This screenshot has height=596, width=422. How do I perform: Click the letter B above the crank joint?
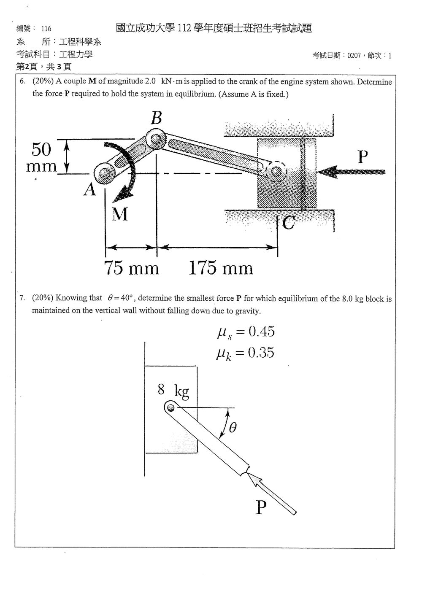click(156, 118)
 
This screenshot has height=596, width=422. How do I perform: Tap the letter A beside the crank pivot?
click(89, 189)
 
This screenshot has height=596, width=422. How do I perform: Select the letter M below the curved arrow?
click(120, 214)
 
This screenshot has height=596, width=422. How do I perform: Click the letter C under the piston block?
click(288, 222)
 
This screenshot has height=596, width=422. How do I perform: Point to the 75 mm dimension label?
click(131, 268)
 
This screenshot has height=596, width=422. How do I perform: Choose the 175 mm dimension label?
click(221, 268)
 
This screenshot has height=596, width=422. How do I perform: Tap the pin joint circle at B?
click(156, 139)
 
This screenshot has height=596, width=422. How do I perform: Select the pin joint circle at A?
click(104, 173)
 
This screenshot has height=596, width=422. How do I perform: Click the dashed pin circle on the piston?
click(276, 171)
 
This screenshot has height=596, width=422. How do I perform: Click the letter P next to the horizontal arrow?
click(362, 157)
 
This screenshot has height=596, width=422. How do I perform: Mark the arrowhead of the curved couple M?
click(123, 194)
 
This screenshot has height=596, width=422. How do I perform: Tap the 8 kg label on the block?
click(173, 391)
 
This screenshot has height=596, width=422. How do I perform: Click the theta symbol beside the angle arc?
click(233, 427)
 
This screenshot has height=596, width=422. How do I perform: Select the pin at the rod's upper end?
click(170, 407)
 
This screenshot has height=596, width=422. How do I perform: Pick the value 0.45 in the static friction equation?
click(262, 332)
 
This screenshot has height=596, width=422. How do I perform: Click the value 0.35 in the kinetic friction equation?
click(261, 353)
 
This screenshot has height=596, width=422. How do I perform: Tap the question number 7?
click(22, 298)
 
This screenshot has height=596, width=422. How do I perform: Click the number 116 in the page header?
click(46, 28)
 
